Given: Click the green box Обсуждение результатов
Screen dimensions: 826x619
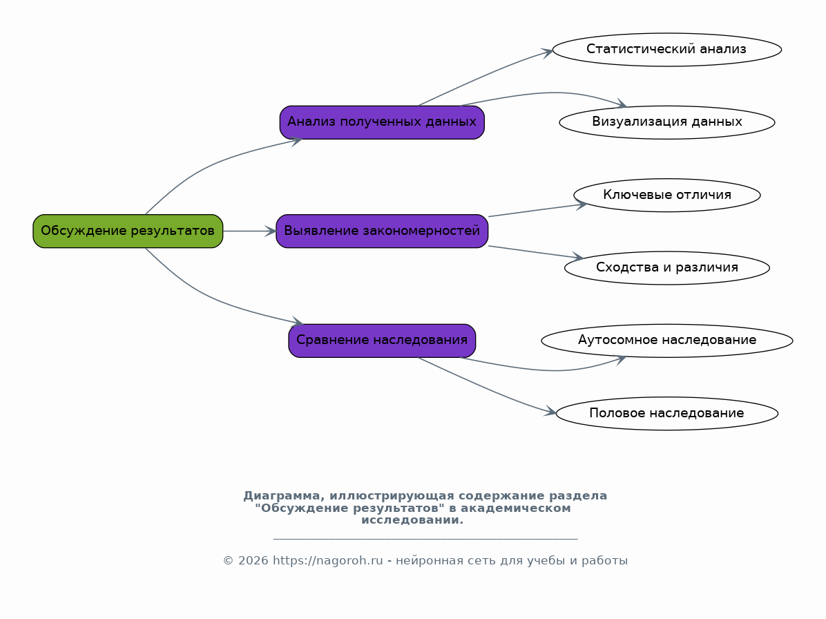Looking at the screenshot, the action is (128, 231).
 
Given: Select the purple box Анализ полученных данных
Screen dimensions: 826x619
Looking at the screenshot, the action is (382, 122).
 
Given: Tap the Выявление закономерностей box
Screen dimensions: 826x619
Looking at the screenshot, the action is (382, 231).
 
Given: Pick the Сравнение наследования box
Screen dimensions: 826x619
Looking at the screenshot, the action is (382, 341).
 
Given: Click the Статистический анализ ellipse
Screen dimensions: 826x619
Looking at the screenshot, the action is (667, 50).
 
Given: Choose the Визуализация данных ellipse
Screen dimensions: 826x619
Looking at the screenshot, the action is (667, 122).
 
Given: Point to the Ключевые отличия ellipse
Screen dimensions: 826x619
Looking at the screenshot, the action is (667, 195).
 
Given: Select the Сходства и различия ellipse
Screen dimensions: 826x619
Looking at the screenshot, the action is (667, 267).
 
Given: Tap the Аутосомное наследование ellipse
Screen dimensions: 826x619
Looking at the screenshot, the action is (667, 341).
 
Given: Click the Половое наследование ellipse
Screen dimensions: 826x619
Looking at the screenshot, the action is (667, 413).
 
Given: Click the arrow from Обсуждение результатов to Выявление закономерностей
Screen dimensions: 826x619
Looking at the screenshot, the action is (250, 231).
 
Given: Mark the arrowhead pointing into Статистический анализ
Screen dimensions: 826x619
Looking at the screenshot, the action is (548, 52).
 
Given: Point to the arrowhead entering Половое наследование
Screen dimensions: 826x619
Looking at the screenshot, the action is (550, 412).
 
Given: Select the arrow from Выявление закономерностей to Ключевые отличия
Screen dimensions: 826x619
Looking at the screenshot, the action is (537, 209).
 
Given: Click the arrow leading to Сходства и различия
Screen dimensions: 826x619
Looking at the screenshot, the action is (536, 252).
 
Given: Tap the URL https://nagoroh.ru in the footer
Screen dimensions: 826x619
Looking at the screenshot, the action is (327, 560).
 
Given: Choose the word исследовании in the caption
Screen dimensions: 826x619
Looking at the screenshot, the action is (412, 520).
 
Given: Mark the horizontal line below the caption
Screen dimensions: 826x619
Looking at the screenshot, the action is (425, 539).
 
